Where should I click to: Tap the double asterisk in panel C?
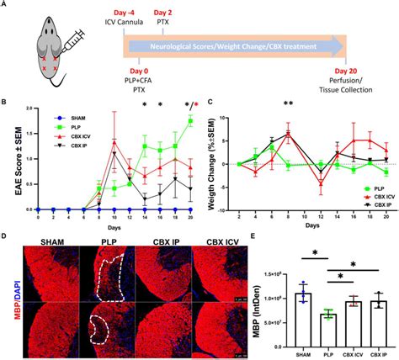(x=288, y=104)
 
